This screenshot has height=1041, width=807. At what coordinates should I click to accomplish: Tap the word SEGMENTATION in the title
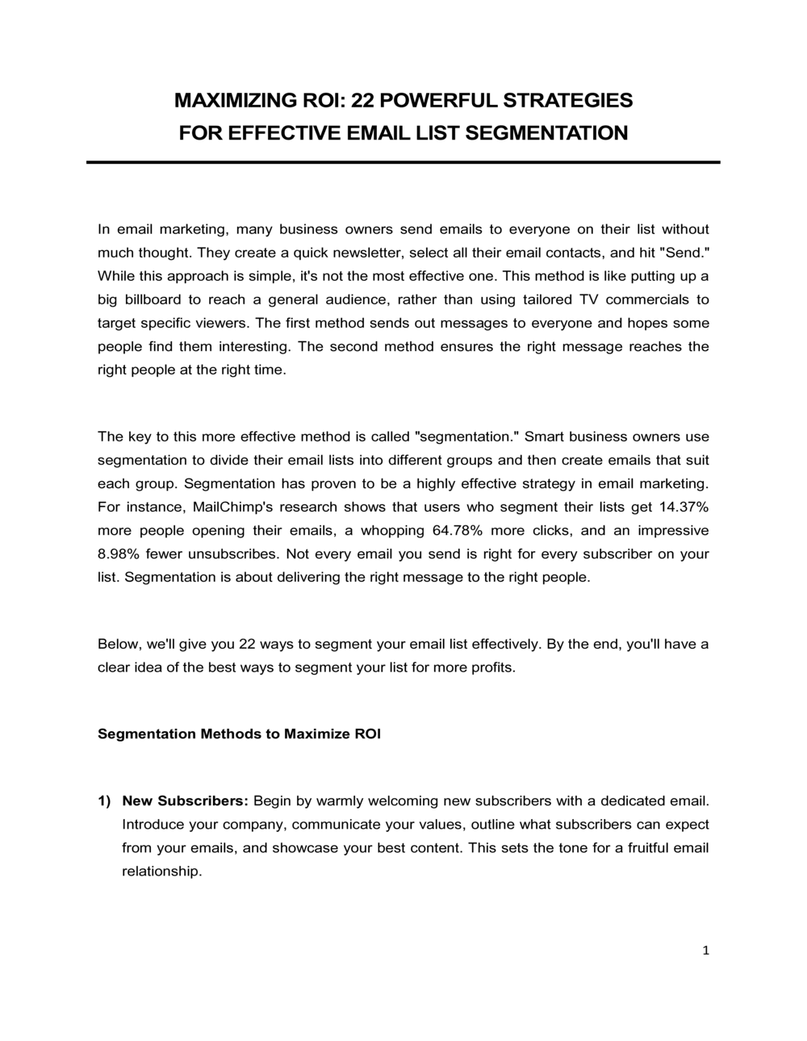(546, 132)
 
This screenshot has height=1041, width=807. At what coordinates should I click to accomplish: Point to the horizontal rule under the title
(403, 162)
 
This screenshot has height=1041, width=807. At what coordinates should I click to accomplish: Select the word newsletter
(368, 253)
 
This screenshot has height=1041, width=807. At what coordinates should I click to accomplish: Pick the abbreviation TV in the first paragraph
(587, 299)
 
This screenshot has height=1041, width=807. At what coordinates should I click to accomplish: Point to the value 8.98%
(118, 554)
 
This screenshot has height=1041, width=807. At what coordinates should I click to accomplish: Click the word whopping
(392, 530)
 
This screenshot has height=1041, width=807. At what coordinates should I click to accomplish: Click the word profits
(489, 667)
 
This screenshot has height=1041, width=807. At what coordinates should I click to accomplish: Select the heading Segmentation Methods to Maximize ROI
(239, 734)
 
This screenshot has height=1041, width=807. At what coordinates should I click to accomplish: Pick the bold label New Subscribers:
(185, 801)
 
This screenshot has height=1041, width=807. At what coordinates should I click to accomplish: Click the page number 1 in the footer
(705, 951)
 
